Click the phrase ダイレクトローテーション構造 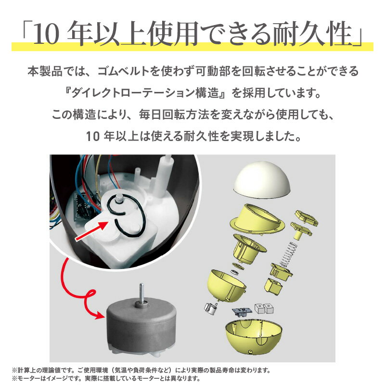click(x=145, y=93)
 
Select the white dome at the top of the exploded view click(x=262, y=179)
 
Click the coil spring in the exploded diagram click(x=289, y=255)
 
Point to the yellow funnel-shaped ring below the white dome click(x=257, y=219)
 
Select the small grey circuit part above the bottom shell click(x=242, y=311)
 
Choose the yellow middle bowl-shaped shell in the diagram click(x=226, y=285)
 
